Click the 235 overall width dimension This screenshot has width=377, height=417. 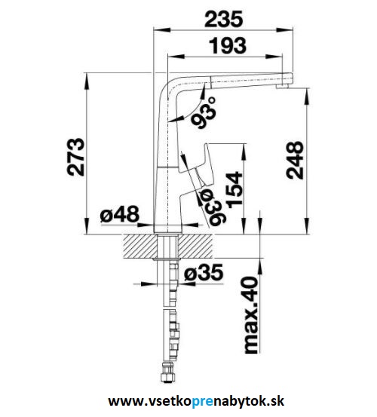[223, 19]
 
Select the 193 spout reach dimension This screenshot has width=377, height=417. [228, 45]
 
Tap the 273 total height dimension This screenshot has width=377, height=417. [76, 157]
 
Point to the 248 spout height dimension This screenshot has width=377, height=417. [295, 160]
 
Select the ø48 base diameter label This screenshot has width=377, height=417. [120, 214]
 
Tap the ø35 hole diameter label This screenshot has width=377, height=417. [204, 272]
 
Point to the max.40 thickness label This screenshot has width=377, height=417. [251, 314]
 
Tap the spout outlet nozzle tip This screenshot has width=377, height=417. [283, 86]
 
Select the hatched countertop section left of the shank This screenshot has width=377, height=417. [139, 247]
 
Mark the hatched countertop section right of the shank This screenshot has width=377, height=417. [195, 247]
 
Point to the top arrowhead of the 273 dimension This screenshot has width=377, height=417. [87, 81]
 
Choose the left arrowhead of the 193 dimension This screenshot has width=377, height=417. [176, 57]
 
